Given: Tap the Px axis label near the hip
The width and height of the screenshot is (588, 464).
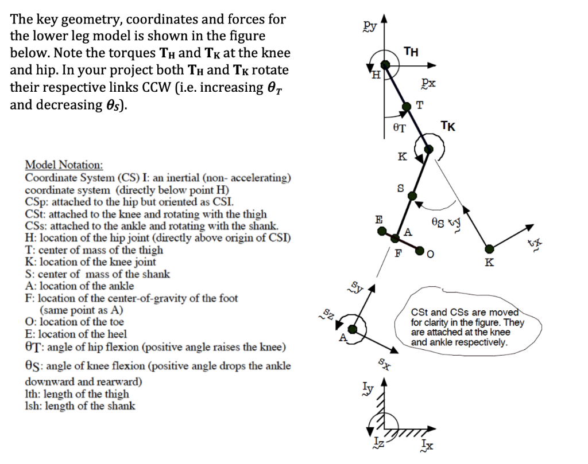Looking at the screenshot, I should point(427,84).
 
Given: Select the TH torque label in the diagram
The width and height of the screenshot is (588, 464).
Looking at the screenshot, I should point(411,52).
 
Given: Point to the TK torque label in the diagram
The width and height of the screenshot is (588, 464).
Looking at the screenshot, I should point(448,126).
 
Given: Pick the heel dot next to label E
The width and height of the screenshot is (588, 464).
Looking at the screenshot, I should point(382,231).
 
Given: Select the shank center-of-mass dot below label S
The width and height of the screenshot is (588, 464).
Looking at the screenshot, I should point(412,196).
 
